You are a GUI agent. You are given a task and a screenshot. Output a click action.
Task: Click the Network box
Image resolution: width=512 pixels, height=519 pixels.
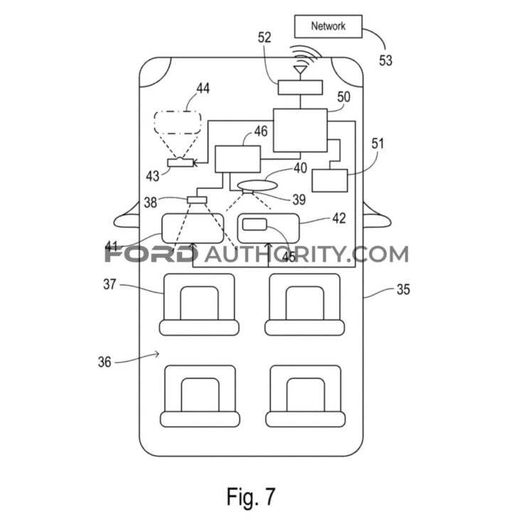pyautogui.click(x=328, y=26)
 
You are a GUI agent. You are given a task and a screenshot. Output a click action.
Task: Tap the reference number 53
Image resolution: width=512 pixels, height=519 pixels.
pyautogui.click(x=385, y=60)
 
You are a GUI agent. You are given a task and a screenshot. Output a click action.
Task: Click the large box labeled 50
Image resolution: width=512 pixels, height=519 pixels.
pyautogui.click(x=300, y=131)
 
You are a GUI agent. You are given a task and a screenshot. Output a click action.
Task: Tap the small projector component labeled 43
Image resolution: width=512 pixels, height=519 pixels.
pyautogui.click(x=181, y=164)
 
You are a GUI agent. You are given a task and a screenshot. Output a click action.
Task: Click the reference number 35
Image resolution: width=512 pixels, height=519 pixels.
pyautogui.click(x=403, y=290)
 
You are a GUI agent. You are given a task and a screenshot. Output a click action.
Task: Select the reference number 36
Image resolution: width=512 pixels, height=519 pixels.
pyautogui.click(x=105, y=361)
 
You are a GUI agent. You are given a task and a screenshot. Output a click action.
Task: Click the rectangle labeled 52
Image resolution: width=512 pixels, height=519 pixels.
pyautogui.click(x=299, y=87)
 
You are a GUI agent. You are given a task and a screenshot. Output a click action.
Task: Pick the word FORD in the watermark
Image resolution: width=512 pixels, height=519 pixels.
pyautogui.click(x=149, y=253)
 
